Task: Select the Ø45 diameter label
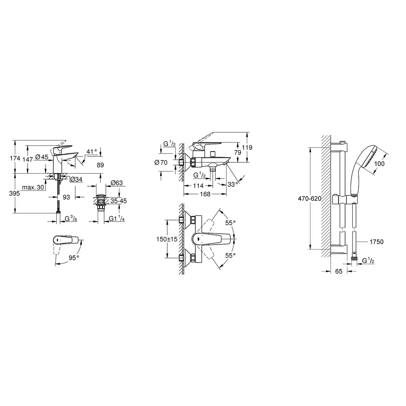(x=42, y=157)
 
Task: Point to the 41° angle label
(x=92, y=152)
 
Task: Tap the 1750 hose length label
(x=376, y=242)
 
